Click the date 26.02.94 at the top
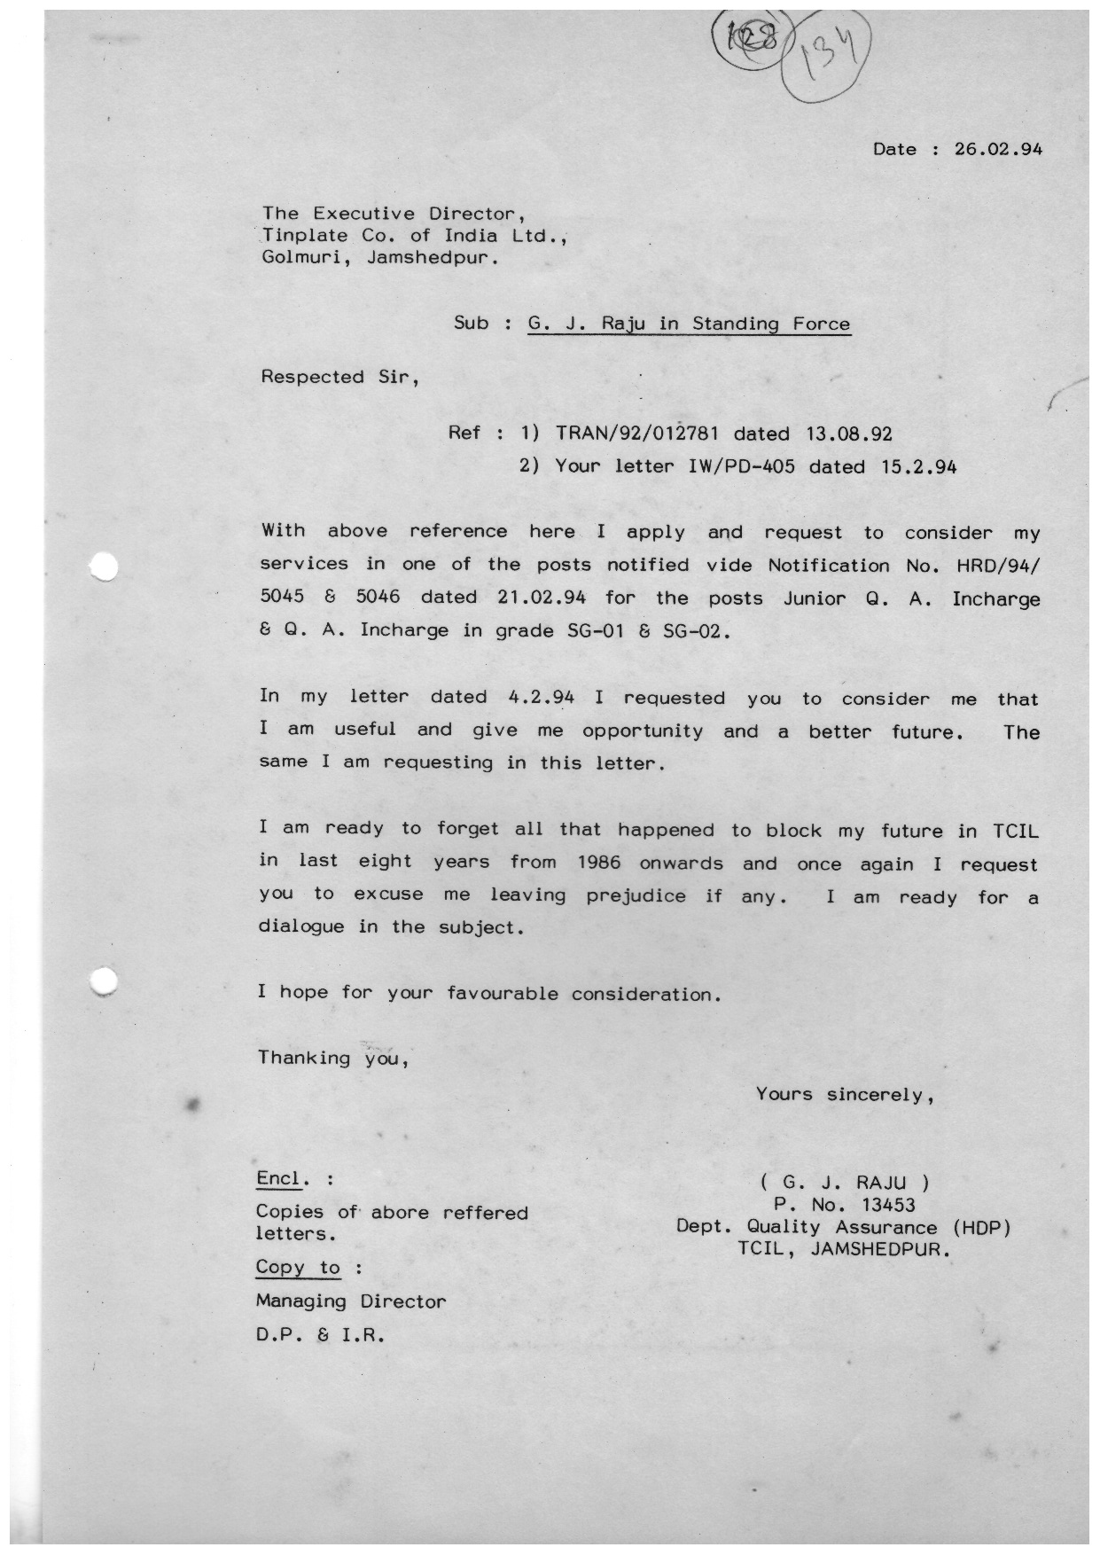coord(997,149)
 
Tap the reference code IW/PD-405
coord(741,467)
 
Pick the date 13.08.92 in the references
coord(848,434)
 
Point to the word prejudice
coord(636,896)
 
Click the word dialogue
coord(300,927)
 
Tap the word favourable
coord(503,994)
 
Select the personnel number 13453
coord(888,1205)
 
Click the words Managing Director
coord(351,1301)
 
